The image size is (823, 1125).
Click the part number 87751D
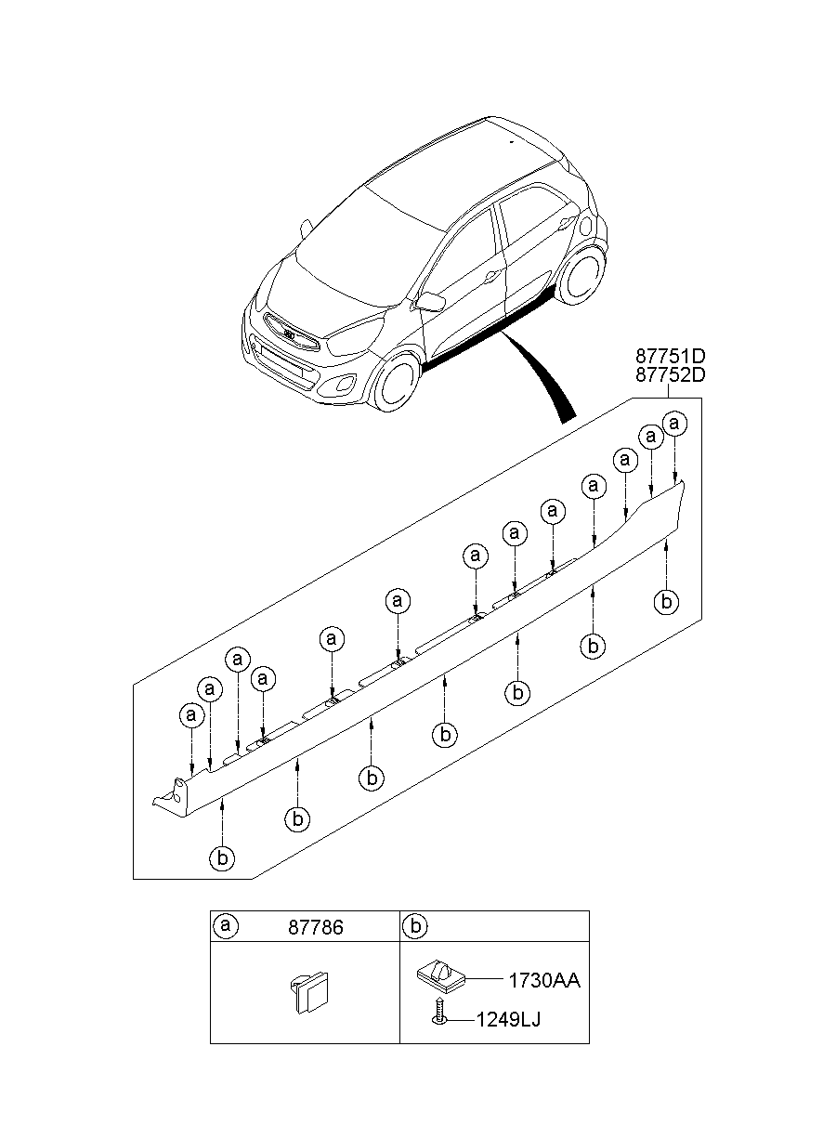click(671, 356)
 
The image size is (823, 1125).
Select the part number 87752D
click(671, 374)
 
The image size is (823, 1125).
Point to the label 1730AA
click(543, 981)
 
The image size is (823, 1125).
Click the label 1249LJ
click(508, 1020)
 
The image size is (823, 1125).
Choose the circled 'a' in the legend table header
click(225, 926)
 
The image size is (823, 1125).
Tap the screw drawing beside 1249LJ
click(438, 1012)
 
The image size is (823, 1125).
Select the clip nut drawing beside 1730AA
click(439, 976)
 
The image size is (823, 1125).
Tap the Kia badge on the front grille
click(290, 334)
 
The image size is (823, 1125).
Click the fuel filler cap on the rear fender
click(585, 226)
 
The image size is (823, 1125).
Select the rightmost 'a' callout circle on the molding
click(675, 425)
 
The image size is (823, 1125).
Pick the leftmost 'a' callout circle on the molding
click(191, 715)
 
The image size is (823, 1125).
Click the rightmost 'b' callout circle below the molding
click(665, 602)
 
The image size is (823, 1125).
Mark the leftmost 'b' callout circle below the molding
click(222, 858)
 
